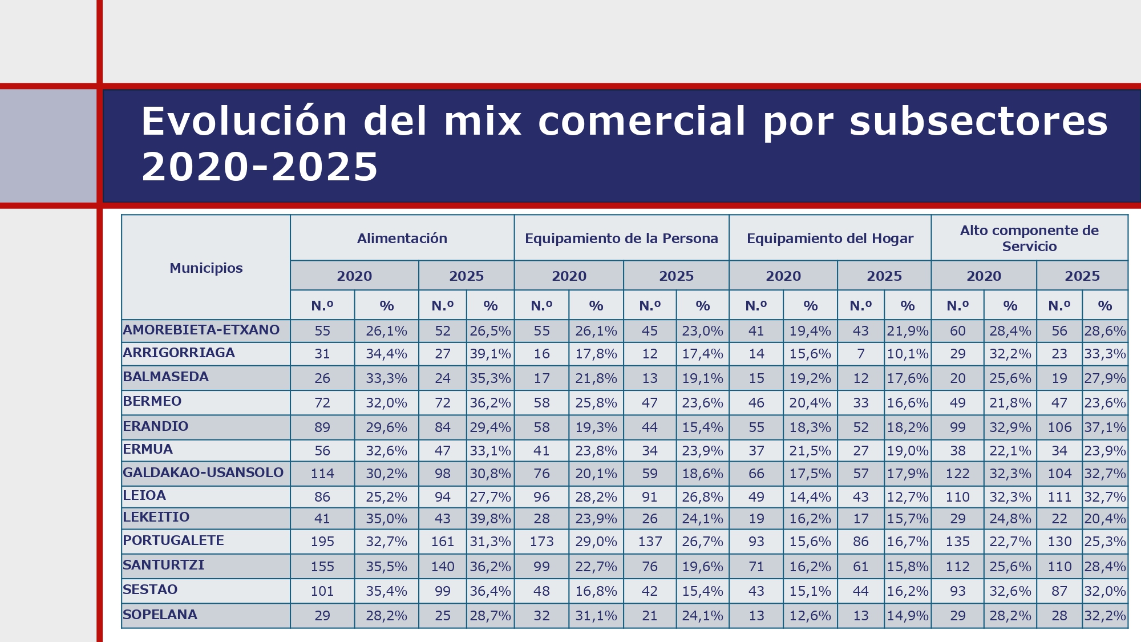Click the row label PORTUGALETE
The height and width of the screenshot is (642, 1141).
[x=173, y=540]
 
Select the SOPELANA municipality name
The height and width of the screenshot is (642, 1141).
[x=160, y=615]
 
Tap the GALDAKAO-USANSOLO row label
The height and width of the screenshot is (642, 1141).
[x=203, y=473]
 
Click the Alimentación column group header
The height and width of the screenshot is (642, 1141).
[x=402, y=239]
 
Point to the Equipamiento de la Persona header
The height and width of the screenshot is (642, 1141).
[x=621, y=239]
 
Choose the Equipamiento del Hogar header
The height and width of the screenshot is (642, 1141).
[x=830, y=239]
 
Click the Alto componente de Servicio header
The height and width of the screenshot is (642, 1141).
[x=1029, y=239]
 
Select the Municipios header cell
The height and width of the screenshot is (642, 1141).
[x=206, y=268]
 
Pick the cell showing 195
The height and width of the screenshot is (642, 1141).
[x=322, y=542]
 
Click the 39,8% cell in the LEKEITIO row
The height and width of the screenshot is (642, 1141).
[x=490, y=519]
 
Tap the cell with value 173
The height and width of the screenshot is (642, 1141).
[x=541, y=542]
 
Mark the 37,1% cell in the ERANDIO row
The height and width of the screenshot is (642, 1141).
[x=1105, y=427]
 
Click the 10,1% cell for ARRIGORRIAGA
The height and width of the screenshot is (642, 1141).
[x=908, y=354]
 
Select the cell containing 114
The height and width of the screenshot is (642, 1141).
[x=322, y=474]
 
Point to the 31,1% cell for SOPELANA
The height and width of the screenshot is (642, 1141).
[x=596, y=616]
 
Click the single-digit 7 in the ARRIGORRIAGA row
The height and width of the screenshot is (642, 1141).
[x=861, y=354]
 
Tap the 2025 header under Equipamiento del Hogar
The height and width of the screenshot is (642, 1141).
[x=884, y=276]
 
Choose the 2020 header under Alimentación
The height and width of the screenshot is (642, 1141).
[x=354, y=276]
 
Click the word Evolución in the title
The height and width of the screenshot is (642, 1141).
[x=244, y=122]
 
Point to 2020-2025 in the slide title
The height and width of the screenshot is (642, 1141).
[x=260, y=168]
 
